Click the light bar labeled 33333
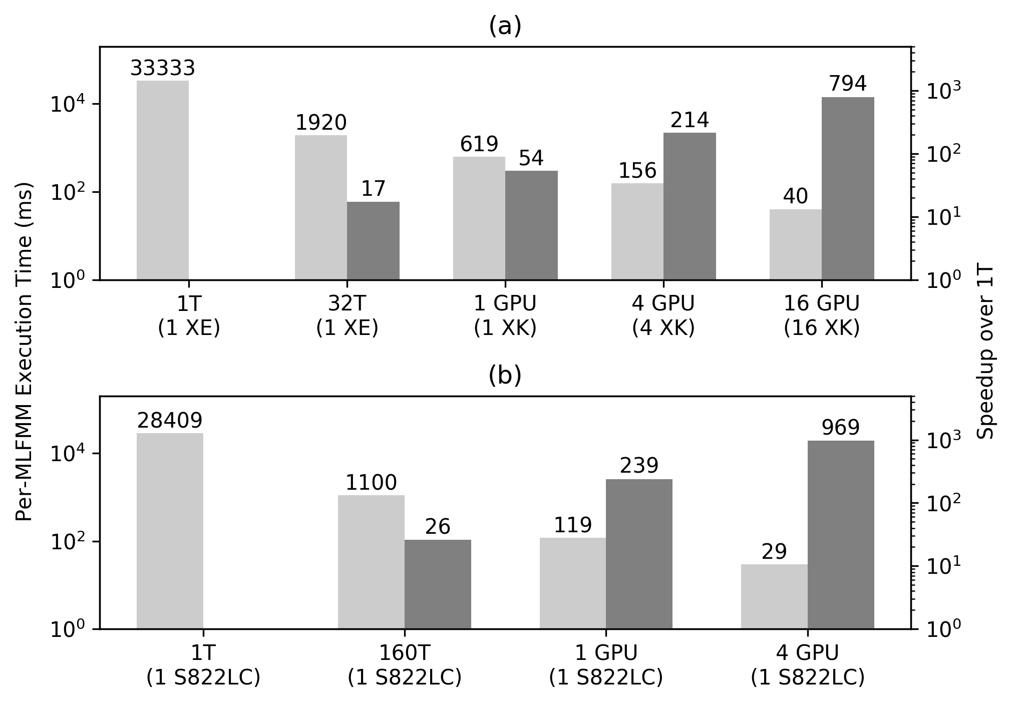pos(162,180)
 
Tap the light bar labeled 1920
pos(320,207)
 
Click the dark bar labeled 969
pos(841,534)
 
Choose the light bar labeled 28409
pos(170,531)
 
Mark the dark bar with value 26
pos(438,584)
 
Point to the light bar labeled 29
pos(774,596)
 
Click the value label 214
pos(690,121)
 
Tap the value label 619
pos(479,145)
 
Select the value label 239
pos(639,466)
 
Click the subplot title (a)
pos(505,27)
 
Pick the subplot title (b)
pos(505,376)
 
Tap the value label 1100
pos(371,483)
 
